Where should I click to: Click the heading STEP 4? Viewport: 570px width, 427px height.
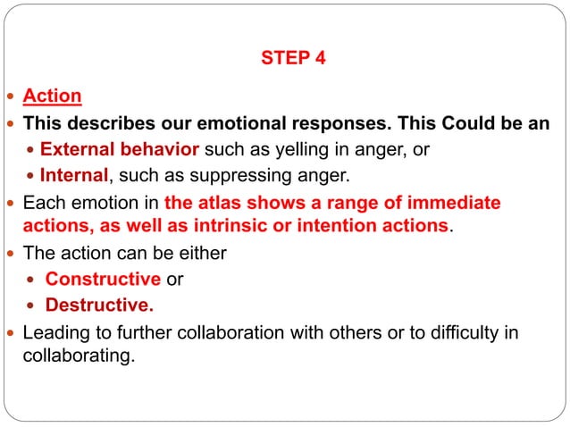pyautogui.click(x=293, y=60)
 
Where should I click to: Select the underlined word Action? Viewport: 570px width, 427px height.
pyautogui.click(x=53, y=96)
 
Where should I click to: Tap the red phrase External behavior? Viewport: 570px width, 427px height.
pyautogui.click(x=120, y=148)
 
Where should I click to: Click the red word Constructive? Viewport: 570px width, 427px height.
pyautogui.click(x=104, y=280)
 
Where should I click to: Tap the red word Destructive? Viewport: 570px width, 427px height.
pyautogui.click(x=99, y=306)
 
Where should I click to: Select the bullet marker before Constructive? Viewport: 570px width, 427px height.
pyautogui.click(x=33, y=280)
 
